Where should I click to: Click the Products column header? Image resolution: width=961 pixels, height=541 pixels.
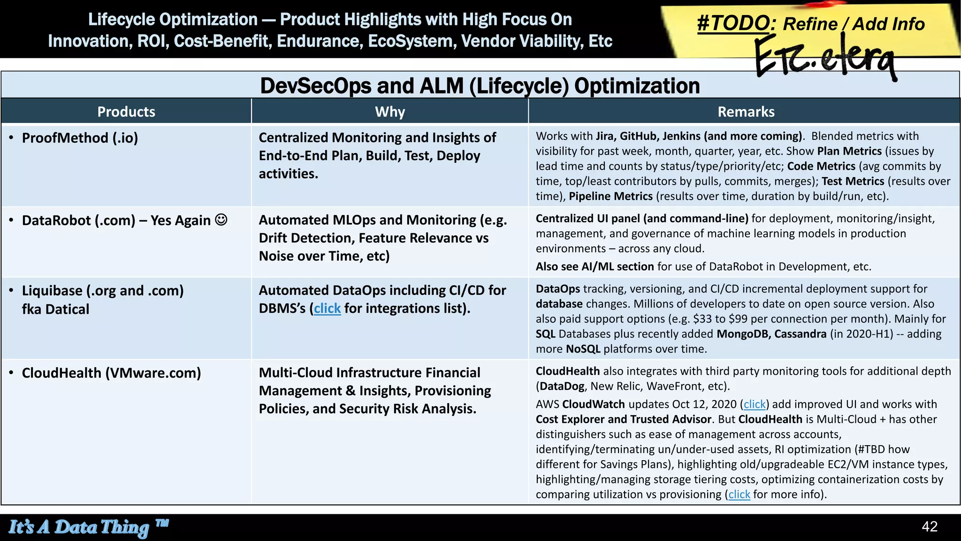click(x=126, y=112)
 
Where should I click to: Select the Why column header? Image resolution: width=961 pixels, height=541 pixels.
click(x=389, y=112)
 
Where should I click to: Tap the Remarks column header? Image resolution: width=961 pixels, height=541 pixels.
click(x=746, y=112)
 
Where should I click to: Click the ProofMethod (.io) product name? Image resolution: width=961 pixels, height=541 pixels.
click(x=80, y=138)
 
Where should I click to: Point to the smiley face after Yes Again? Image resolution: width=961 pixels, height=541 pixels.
click(x=221, y=219)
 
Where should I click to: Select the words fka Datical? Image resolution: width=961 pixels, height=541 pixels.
click(x=55, y=309)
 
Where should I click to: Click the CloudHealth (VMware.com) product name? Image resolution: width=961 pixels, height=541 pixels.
click(x=111, y=373)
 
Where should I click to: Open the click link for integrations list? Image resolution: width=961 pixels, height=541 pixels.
click(x=327, y=309)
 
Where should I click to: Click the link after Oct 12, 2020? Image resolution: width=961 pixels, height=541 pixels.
click(x=755, y=404)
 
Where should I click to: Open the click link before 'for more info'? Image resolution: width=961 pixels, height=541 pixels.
click(x=739, y=495)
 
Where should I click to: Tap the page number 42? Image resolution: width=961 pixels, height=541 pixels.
click(x=929, y=526)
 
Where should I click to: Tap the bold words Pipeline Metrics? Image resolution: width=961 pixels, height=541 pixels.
click(x=610, y=196)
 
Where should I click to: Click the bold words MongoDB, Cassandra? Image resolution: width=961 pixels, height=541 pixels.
click(x=771, y=334)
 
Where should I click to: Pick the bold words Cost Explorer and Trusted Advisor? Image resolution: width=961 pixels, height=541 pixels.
click(x=623, y=419)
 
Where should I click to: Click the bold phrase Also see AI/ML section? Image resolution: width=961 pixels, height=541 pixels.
click(x=595, y=267)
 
